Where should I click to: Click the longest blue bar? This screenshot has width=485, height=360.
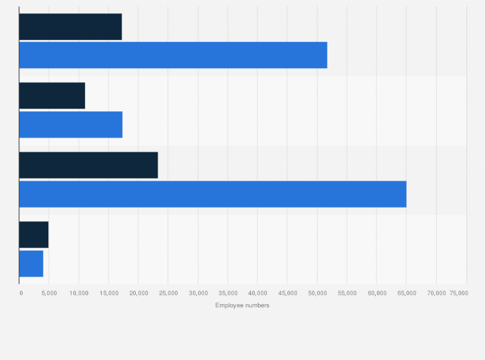coord(212,194)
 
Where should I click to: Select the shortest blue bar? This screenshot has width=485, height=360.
coord(31,264)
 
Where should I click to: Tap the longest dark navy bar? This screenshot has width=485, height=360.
coord(88,165)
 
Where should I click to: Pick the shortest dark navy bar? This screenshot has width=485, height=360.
coord(33,235)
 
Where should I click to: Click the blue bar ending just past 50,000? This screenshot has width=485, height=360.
coord(173,55)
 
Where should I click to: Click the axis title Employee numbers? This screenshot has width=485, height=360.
coord(243,305)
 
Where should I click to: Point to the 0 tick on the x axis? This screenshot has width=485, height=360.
coord(21,293)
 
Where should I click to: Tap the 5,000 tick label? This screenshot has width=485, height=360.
coord(49,293)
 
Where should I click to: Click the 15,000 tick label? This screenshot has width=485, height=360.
coord(109,293)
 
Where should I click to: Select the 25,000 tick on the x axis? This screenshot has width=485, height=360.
coord(169,293)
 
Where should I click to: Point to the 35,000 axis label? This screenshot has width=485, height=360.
coord(228,293)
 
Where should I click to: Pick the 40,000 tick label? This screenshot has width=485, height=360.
coord(257,293)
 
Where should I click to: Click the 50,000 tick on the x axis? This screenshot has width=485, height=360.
coord(317,293)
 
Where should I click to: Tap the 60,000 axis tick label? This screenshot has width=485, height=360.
coord(377,293)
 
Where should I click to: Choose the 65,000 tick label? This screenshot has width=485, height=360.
coord(407,293)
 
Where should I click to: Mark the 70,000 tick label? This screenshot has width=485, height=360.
coord(436,293)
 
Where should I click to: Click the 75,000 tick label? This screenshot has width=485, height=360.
coord(459,293)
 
